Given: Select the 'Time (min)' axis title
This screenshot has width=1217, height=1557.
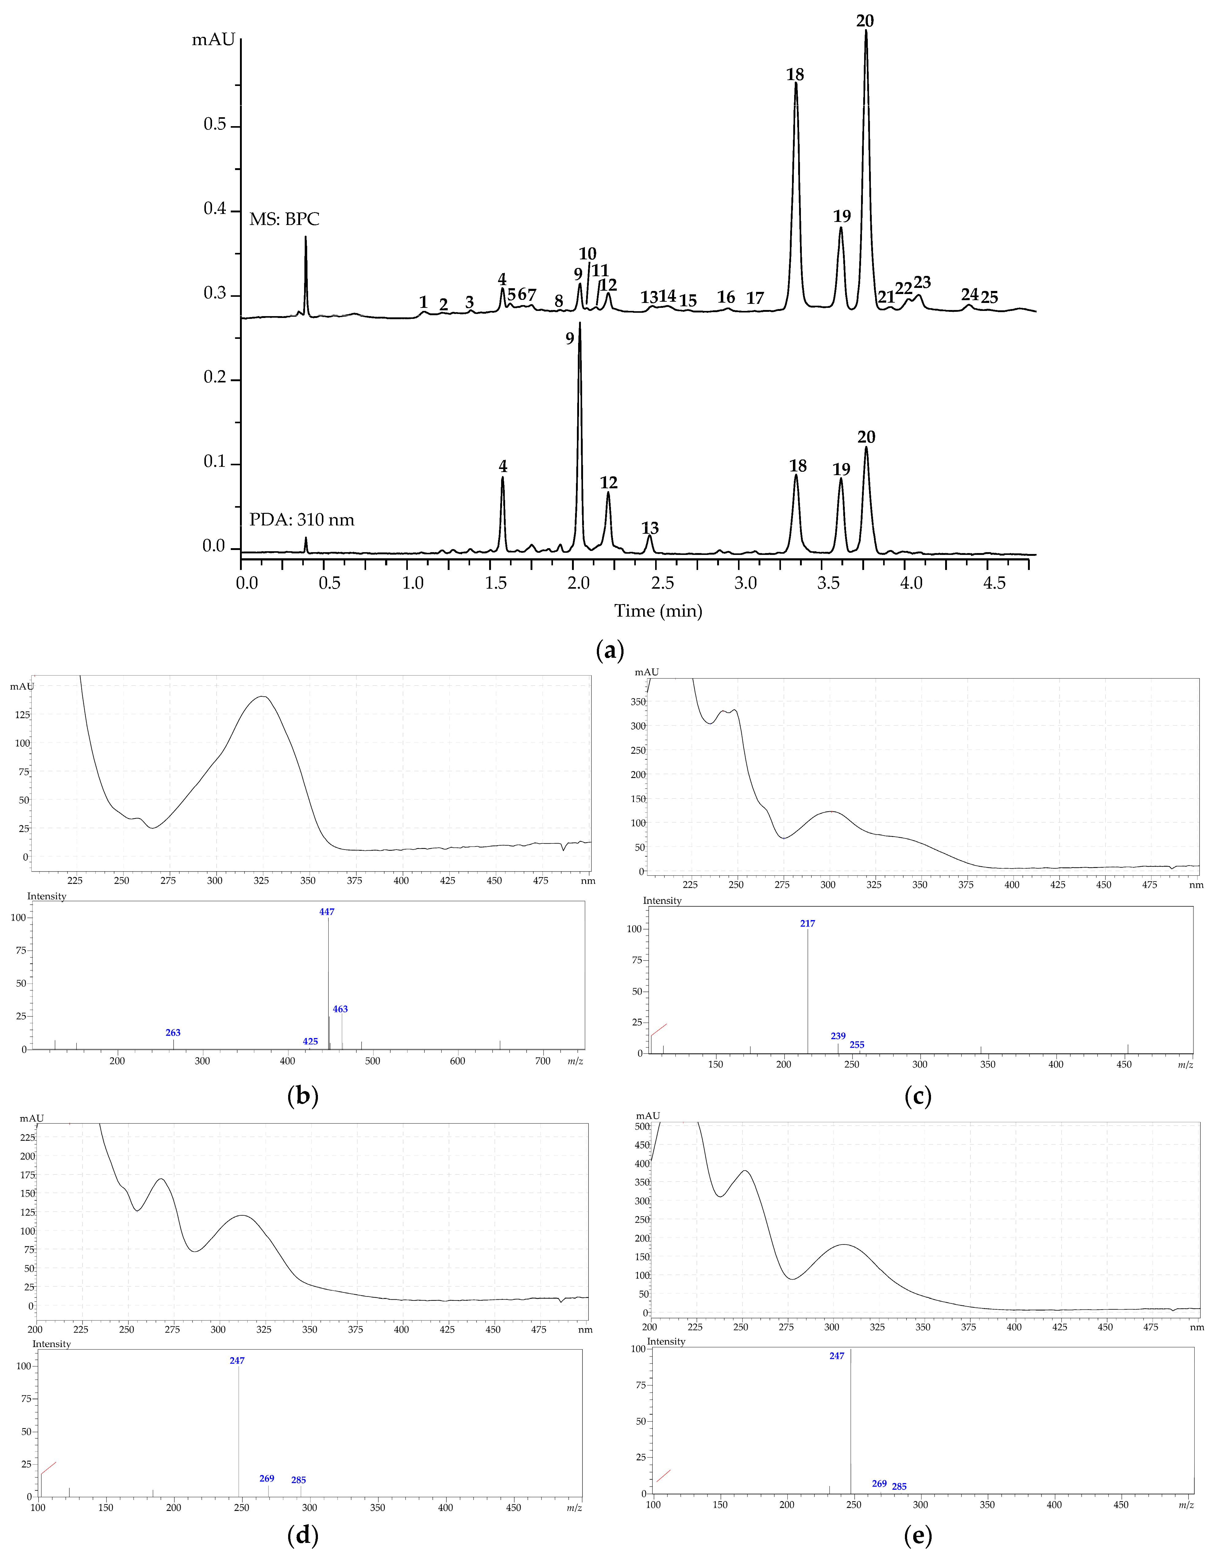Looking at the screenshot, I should click(x=658, y=611).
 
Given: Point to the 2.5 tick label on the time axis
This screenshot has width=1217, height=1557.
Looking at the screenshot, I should click(x=662, y=583).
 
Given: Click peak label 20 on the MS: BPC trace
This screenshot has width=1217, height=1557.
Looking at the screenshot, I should click(x=865, y=21).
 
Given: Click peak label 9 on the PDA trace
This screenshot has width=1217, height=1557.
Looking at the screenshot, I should click(x=570, y=339).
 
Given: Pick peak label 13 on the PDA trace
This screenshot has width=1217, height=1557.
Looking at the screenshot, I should click(x=650, y=528).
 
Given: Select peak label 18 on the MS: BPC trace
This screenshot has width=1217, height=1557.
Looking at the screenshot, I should click(x=795, y=75).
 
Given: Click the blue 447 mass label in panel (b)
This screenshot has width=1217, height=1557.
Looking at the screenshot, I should click(x=326, y=912).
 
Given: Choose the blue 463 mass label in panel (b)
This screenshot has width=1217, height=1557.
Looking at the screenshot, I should click(x=340, y=1009).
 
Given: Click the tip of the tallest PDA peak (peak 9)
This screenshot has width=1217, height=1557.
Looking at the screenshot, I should click(x=580, y=324).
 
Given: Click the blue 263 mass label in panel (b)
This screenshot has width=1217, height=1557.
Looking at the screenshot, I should click(x=172, y=1032).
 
